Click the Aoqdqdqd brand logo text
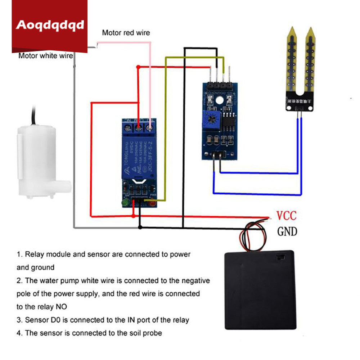point(50,25)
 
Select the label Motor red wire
point(126,33)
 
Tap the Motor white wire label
point(45,56)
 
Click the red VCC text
point(286,216)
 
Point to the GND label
point(287,231)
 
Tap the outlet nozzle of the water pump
point(65,188)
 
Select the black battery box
point(260,290)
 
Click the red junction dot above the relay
point(138,67)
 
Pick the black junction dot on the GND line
point(140,227)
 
